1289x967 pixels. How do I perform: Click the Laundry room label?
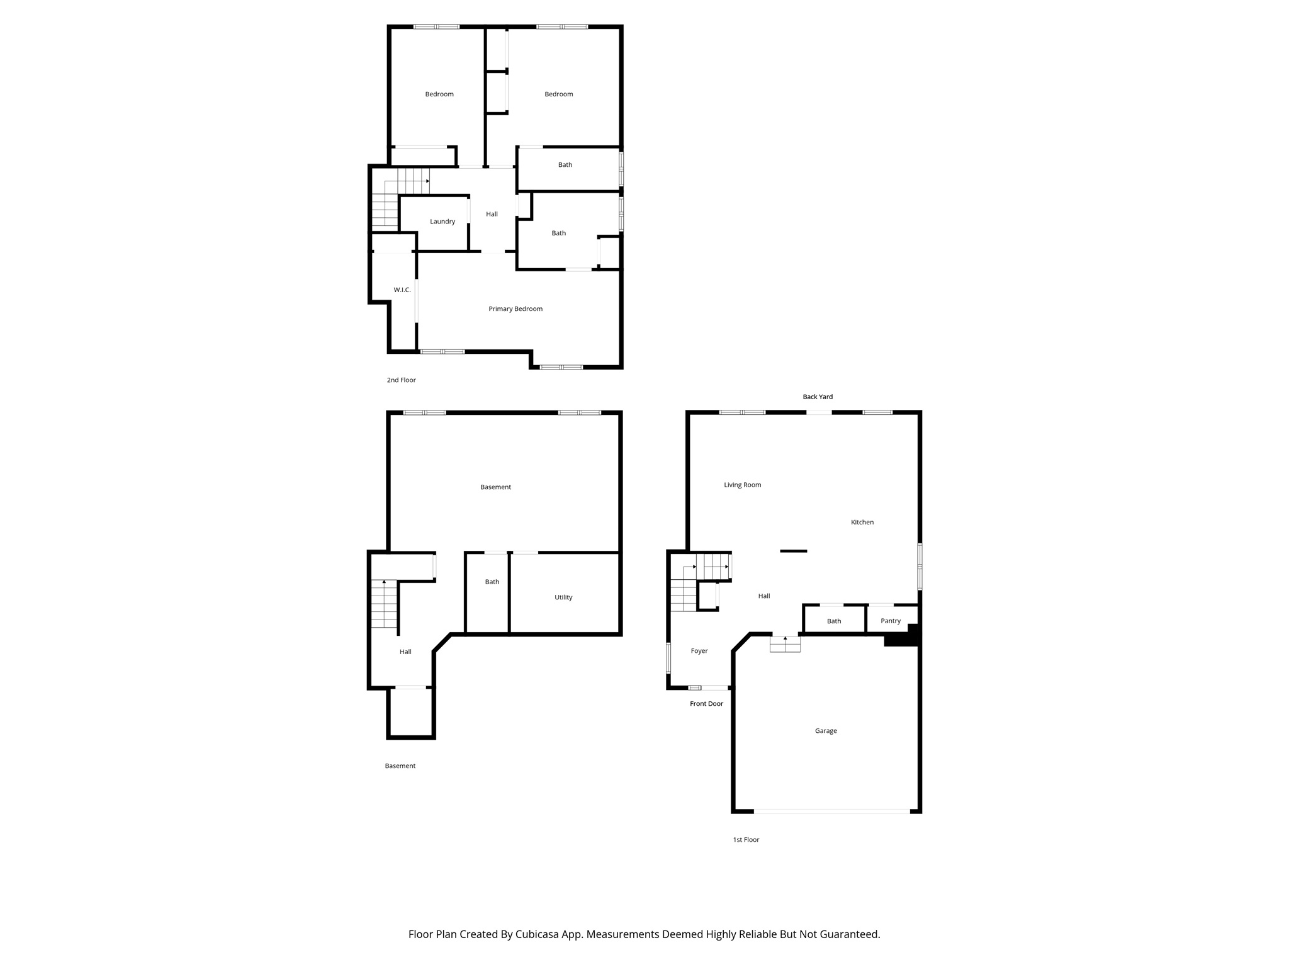[442, 222]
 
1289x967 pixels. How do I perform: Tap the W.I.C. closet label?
[402, 290]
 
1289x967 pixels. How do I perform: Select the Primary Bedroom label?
[515, 309]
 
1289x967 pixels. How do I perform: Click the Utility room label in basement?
[563, 597]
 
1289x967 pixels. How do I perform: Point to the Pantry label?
[891, 621]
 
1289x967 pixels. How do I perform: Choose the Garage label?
[826, 731]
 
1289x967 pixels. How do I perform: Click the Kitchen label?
[862, 523]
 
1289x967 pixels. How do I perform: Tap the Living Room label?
[743, 485]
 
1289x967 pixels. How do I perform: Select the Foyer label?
[699, 652]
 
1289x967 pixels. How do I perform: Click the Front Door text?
[706, 704]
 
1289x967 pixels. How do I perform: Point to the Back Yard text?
[818, 397]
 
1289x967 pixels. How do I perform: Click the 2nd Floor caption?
[402, 380]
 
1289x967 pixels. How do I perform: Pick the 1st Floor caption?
[746, 840]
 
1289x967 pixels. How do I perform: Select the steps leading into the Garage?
[785, 644]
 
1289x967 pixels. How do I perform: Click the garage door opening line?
[831, 811]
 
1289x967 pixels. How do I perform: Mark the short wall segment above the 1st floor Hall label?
[794, 551]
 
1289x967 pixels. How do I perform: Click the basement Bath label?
[492, 582]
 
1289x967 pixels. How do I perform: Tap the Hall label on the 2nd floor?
[492, 215]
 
